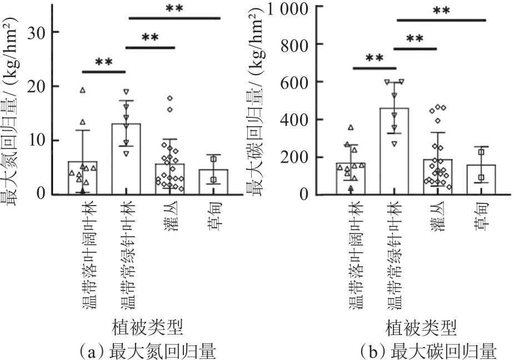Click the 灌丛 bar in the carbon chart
pyautogui.click(x=437, y=177)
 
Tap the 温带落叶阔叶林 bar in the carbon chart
pyautogui.click(x=351, y=178)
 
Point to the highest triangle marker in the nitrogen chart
pyautogui.click(x=83, y=90)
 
